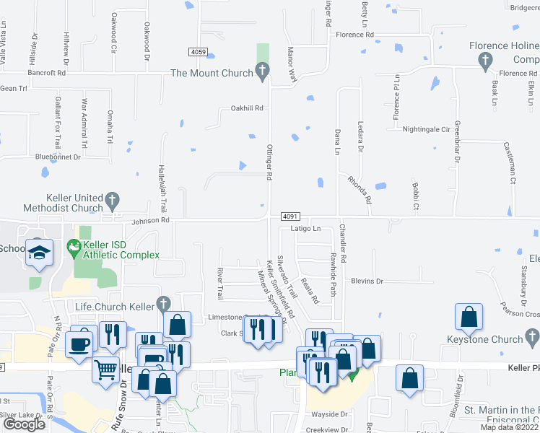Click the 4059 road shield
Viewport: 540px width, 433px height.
click(199, 52)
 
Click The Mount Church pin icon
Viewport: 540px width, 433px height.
click(262, 72)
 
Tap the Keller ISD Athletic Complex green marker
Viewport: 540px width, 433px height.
click(72, 247)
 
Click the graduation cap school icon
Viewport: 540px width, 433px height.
click(40, 253)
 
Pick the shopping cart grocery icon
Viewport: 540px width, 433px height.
click(106, 370)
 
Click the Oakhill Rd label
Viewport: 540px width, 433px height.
click(247, 108)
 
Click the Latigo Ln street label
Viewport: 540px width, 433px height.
click(305, 228)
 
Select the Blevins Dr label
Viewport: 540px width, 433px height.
click(366, 281)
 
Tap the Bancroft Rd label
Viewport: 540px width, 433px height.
click(47, 73)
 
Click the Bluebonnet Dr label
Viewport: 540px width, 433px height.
click(57, 157)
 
